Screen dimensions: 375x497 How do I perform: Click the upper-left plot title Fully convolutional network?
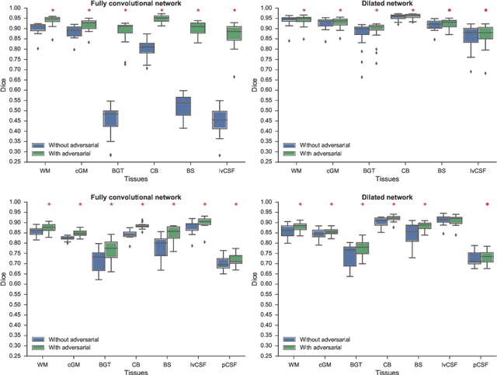(137, 5)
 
